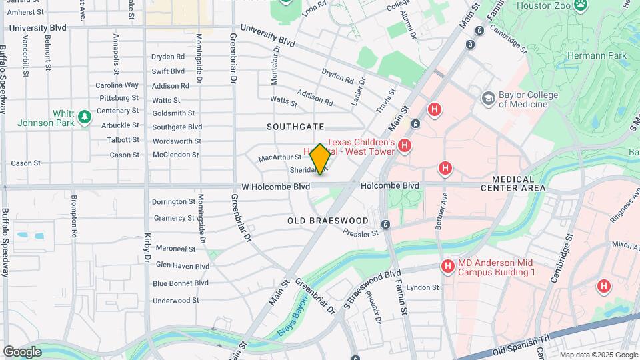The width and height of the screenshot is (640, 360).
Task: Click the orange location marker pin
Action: tap(320, 159)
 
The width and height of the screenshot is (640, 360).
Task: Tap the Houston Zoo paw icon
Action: tap(581, 5)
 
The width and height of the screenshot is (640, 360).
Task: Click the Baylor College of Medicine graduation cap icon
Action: tap(489, 99)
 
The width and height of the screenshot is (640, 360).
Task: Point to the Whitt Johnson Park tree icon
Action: tap(84, 117)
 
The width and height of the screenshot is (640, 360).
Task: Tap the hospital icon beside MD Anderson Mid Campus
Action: tap(448, 267)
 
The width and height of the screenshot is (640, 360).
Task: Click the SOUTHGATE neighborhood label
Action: tap(295, 126)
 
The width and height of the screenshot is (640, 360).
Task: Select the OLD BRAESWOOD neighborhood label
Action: tap(328, 220)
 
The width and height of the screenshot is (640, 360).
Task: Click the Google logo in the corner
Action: tap(22, 351)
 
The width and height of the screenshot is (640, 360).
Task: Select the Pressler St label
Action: tap(361, 233)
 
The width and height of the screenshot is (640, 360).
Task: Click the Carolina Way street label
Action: tap(117, 85)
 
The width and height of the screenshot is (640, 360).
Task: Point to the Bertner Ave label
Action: tap(441, 212)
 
